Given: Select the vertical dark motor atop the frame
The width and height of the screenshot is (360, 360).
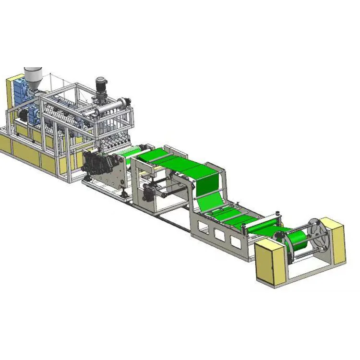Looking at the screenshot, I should tap(101, 86).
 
